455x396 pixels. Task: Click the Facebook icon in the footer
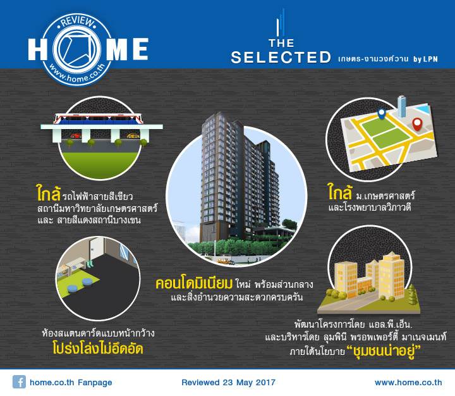(19, 381)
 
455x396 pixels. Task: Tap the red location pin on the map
(417, 124)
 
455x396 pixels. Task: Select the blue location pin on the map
(381, 113)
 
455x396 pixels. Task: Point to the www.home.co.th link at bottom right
(408, 382)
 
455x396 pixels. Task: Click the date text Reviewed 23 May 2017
(228, 382)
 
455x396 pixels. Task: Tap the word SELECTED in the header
(281, 57)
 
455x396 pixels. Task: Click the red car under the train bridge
(76, 135)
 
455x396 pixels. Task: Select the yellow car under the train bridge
(133, 135)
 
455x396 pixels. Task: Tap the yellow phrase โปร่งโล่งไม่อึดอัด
(98, 349)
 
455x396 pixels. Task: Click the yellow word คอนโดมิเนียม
(194, 283)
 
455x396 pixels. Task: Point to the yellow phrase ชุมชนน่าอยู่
(384, 351)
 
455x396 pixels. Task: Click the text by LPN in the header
(425, 59)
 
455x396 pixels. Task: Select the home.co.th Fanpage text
(71, 382)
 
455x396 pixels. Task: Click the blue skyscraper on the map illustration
(402, 106)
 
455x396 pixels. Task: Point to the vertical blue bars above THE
(281, 23)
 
